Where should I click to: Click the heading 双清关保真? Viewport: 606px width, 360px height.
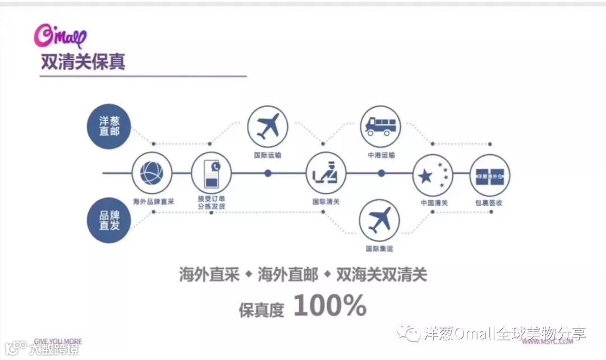[83, 61]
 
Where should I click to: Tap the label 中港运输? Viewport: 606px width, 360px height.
[381, 155]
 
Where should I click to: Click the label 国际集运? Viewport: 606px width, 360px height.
[380, 248]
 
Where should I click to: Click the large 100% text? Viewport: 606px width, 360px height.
[329, 306]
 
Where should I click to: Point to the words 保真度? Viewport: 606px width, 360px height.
[261, 308]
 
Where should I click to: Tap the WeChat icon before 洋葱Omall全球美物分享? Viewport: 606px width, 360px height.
[408, 333]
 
